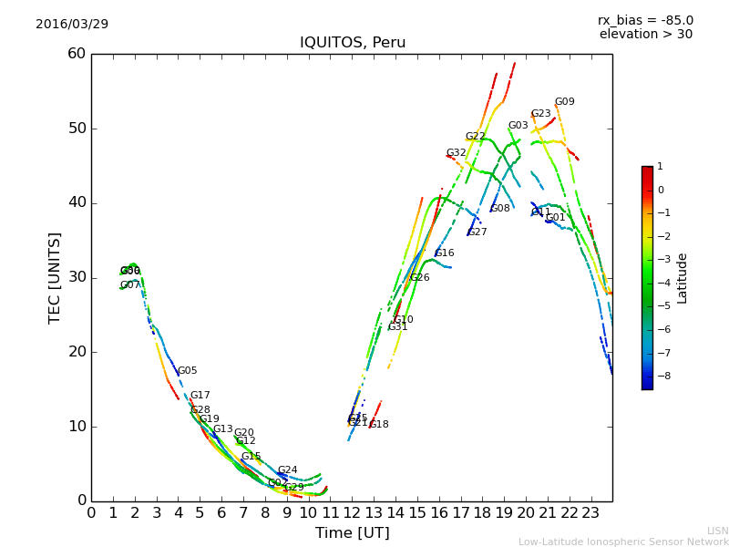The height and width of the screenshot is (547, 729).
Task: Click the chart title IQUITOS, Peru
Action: [x=353, y=43]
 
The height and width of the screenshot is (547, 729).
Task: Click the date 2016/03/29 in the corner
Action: [x=72, y=24]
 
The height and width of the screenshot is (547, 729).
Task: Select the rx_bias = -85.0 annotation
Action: [x=645, y=20]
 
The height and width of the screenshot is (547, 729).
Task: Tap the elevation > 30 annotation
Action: [x=645, y=35]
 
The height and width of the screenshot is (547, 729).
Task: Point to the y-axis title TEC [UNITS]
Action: [x=55, y=277]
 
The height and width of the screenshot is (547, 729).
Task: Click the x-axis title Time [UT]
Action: [x=352, y=533]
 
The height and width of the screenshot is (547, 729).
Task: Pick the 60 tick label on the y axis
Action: [x=77, y=54]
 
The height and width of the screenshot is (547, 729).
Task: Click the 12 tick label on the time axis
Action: [x=352, y=512]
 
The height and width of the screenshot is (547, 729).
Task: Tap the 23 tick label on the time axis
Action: [x=590, y=512]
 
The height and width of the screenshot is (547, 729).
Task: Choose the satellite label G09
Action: [x=564, y=102]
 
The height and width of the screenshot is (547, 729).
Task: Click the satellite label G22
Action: [x=475, y=137]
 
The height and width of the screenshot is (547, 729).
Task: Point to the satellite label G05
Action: [x=187, y=371]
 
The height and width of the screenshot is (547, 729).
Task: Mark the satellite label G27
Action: [x=477, y=232]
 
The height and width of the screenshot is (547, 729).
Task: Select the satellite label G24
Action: [x=287, y=470]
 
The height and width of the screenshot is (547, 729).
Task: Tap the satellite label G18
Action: [x=378, y=425]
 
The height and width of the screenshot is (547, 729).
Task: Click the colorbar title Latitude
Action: [x=683, y=278]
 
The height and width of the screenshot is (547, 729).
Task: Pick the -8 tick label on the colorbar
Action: [x=661, y=376]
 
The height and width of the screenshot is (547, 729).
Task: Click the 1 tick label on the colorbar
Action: [x=660, y=167]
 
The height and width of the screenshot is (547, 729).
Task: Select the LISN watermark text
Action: [x=717, y=531]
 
